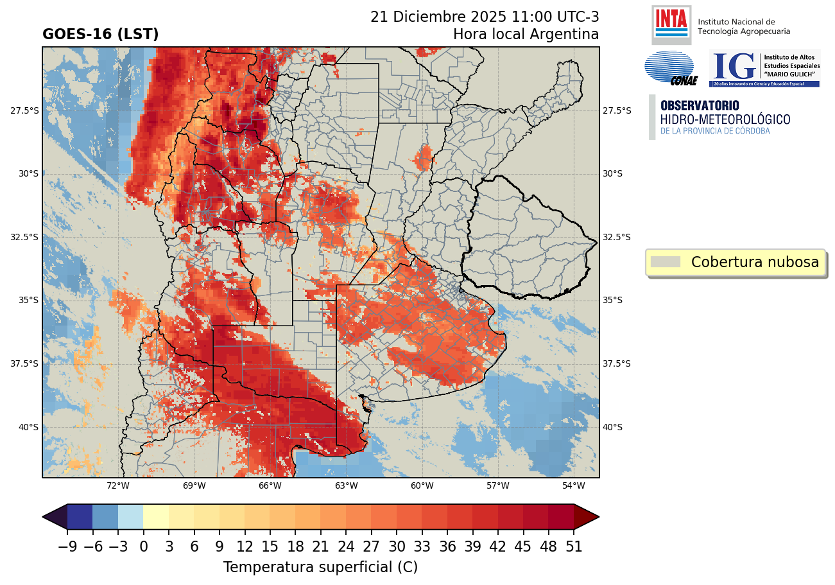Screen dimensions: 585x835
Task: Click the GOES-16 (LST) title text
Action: pyautogui.click(x=100, y=35)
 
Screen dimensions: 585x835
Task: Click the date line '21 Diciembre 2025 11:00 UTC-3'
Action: pyautogui.click(x=485, y=17)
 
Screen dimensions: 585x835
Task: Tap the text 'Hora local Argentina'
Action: pyautogui.click(x=526, y=34)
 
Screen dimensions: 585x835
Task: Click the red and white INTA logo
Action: pyautogui.click(x=671, y=24)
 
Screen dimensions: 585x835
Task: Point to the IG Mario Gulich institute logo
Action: pyautogui.click(x=764, y=68)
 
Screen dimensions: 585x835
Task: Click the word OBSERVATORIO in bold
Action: pyautogui.click(x=700, y=105)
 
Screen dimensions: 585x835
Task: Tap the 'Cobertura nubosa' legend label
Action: pyautogui.click(x=755, y=262)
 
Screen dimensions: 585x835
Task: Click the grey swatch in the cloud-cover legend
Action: pyautogui.click(x=665, y=262)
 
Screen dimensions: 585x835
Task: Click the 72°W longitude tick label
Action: pyautogui.click(x=118, y=485)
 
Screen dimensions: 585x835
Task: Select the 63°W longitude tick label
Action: pyautogui.click(x=346, y=485)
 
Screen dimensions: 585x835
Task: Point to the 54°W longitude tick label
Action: pyautogui.click(x=573, y=485)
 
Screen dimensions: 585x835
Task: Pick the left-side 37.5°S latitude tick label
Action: pyautogui.click(x=25, y=363)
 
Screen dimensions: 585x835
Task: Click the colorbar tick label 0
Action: pyautogui.click(x=143, y=546)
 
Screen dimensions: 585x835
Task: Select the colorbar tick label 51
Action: pyautogui.click(x=573, y=546)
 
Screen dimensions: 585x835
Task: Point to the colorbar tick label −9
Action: pyautogui.click(x=67, y=546)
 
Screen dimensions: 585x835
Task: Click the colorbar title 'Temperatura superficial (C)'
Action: pyautogui.click(x=320, y=568)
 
